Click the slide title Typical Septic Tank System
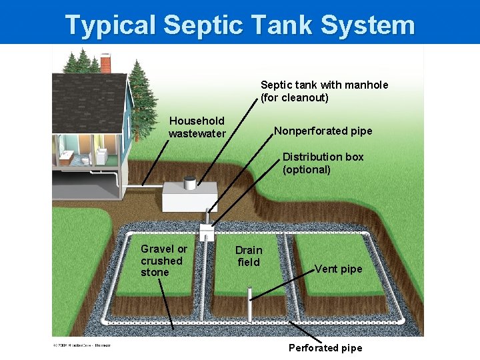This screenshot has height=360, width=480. (240, 25)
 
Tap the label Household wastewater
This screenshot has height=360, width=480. (197, 127)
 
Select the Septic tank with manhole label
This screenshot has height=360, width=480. (324, 91)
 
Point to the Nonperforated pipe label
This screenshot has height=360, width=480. (323, 131)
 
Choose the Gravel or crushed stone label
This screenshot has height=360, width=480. (163, 260)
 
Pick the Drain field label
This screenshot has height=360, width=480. (249, 256)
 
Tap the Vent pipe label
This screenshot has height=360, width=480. (338, 269)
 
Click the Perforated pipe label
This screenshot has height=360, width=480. (325, 348)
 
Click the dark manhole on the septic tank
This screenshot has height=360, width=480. (190, 180)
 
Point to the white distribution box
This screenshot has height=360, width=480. (207, 231)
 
